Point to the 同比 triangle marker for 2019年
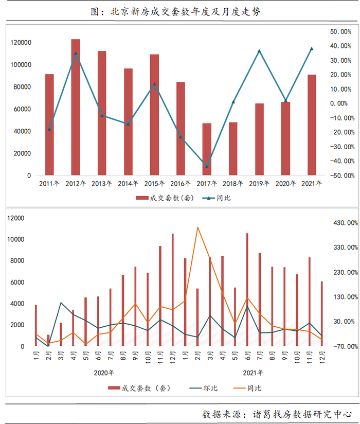coord(259,51)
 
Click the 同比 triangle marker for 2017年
coord(207,166)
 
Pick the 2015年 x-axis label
coord(154,183)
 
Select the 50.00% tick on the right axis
coord(340,31)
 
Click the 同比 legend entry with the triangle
coord(215,198)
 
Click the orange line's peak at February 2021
coord(198,227)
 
